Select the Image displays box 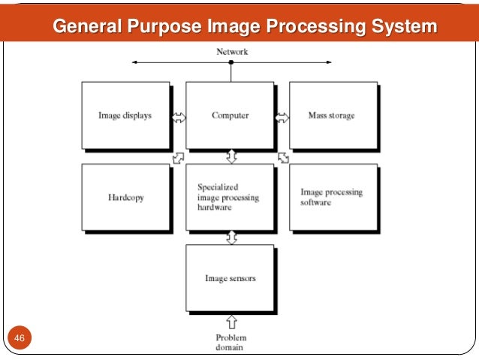[125, 116]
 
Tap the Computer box [230, 116]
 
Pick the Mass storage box [332, 116]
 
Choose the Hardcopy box [125, 198]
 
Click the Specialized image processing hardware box [230, 198]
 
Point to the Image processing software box [332, 198]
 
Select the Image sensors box [230, 278]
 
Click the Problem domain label [230, 342]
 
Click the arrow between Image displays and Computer [178, 116]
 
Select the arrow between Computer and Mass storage [282, 116]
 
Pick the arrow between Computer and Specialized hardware [231, 156]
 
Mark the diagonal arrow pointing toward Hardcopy [177, 157]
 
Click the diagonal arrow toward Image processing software [283, 157]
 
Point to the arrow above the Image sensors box [231, 237]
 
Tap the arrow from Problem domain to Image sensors [231, 321]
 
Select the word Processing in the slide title [321, 28]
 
